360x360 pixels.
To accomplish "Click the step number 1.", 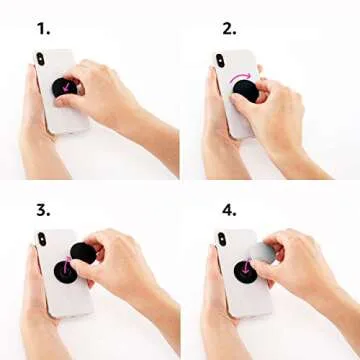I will (x=43, y=28).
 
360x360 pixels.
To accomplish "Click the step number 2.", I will (x=229, y=28).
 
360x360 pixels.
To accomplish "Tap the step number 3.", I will (x=43, y=211).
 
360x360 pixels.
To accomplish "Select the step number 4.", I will (x=229, y=211).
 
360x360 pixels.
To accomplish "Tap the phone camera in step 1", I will (x=41, y=60).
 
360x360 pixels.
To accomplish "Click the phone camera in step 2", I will (x=220, y=61).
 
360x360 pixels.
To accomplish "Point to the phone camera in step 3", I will (x=41, y=241).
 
